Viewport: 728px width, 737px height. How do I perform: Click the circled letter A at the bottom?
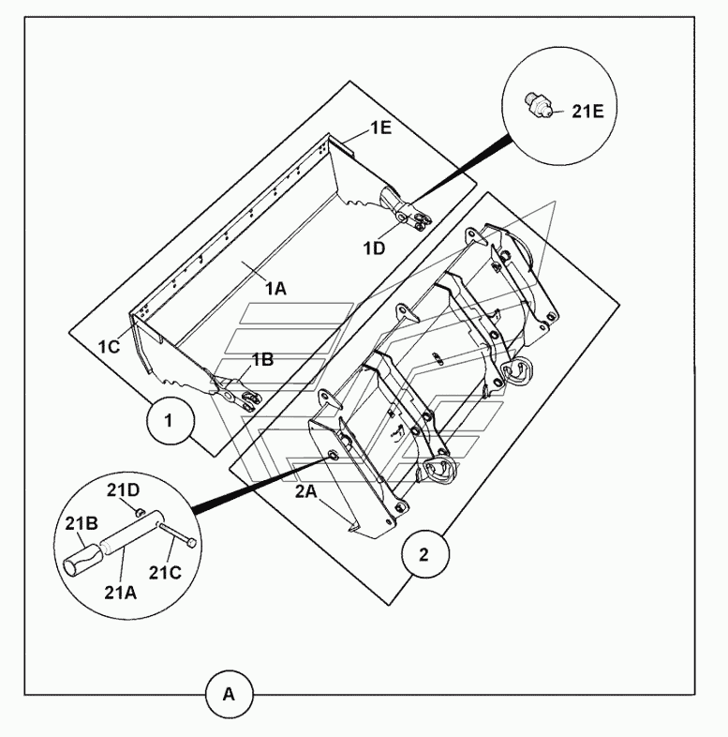(229, 694)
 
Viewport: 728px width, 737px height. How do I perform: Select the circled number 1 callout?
(170, 421)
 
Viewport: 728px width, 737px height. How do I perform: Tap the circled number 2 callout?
(424, 555)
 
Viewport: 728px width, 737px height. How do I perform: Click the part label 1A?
(275, 288)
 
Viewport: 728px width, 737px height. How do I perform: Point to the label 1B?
(263, 359)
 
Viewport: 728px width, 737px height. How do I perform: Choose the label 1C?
(109, 347)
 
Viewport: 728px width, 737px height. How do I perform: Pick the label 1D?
(375, 248)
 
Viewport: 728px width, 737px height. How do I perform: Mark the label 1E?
(381, 128)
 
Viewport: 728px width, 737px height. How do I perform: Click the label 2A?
(305, 491)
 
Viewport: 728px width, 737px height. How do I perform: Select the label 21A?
(120, 593)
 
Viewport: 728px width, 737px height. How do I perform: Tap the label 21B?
(82, 523)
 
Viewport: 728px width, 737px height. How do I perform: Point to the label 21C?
(165, 573)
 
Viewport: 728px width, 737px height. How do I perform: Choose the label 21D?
(123, 490)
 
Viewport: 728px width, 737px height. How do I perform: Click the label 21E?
(587, 112)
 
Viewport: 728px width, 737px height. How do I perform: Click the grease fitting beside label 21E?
(538, 104)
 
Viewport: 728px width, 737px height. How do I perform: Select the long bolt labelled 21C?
(176, 534)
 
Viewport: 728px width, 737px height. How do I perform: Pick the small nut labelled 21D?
(139, 512)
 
